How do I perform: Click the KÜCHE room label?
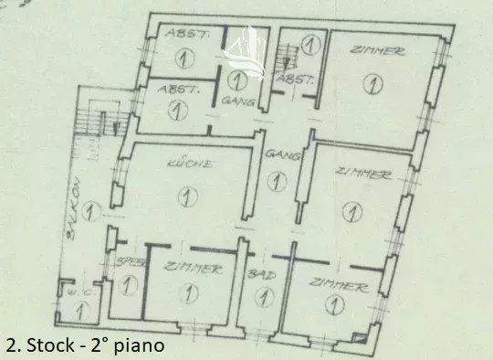click(190, 165)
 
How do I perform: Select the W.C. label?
click(69, 292)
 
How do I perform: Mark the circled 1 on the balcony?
click(88, 213)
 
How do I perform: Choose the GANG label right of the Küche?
click(277, 156)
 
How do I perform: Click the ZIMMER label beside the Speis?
click(193, 268)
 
